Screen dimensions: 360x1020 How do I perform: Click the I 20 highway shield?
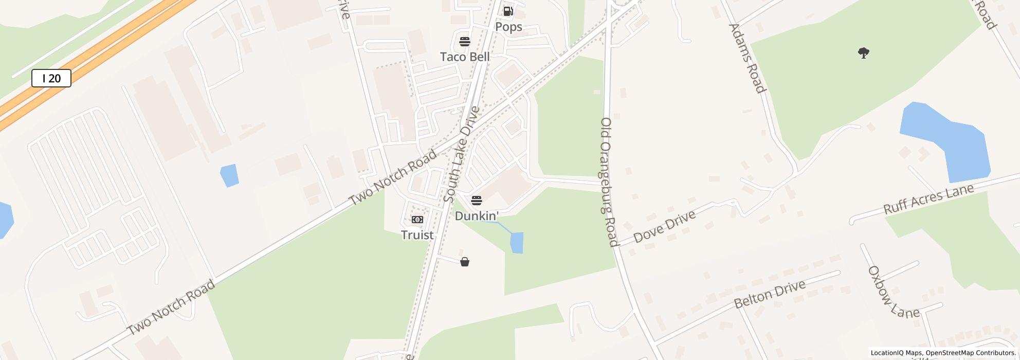[51, 78]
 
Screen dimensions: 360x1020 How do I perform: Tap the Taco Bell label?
[465, 57]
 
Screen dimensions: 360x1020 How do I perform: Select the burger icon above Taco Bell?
[465, 41]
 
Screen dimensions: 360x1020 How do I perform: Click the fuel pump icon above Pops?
[508, 11]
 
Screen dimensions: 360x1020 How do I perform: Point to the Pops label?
[508, 27]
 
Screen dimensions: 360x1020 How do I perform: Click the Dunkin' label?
[477, 216]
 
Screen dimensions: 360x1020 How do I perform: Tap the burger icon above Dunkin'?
[477, 200]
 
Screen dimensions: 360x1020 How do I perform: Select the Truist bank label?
[417, 235]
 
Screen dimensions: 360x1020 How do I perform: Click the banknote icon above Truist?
[417, 220]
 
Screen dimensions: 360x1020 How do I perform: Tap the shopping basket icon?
[465, 262]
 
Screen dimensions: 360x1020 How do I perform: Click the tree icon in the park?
[864, 52]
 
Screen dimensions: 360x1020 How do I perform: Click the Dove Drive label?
[664, 226]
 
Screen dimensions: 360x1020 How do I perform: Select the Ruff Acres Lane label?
[928, 199]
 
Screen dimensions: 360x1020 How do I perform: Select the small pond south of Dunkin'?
[517, 243]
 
